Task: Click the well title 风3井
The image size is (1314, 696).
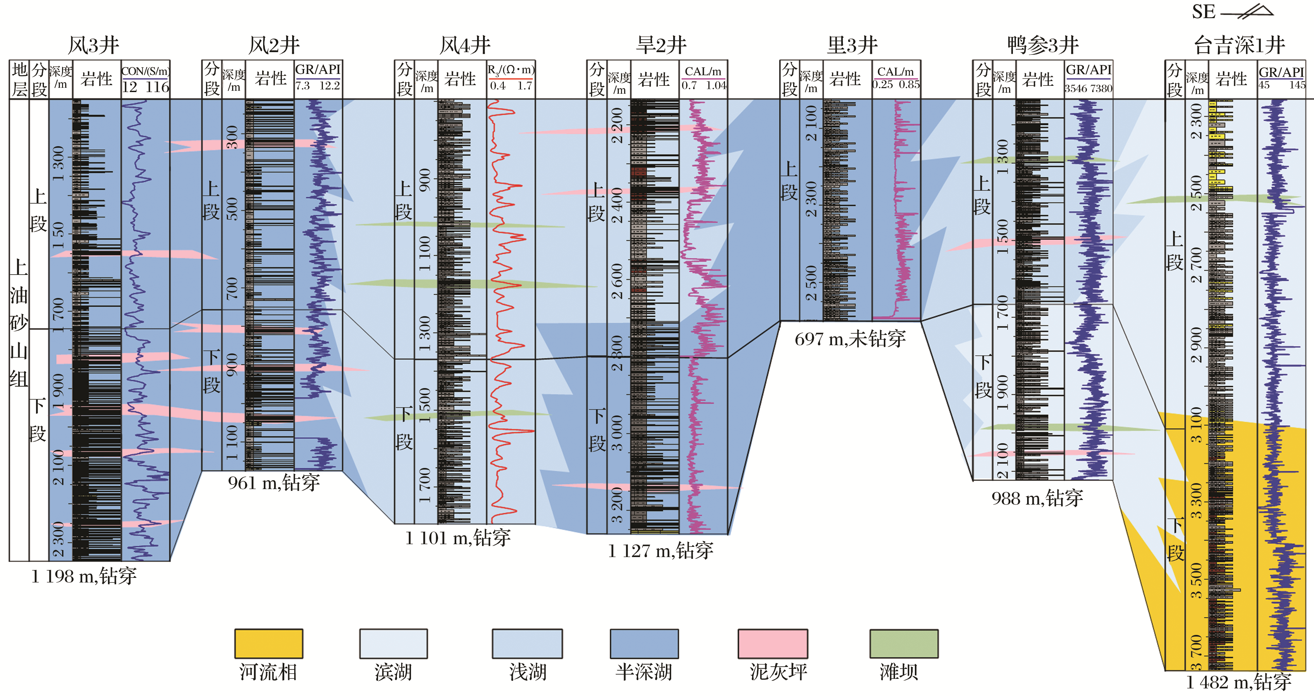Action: pyautogui.click(x=93, y=46)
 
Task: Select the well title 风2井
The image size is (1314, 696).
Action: pyautogui.click(x=274, y=46)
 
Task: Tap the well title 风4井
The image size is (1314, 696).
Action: pyautogui.click(x=465, y=46)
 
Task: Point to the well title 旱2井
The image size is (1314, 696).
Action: pyautogui.click(x=661, y=46)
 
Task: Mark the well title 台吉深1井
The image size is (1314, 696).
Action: pyautogui.click(x=1239, y=46)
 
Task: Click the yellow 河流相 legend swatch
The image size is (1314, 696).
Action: pyautogui.click(x=269, y=644)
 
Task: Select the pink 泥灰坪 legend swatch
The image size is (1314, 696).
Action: pyautogui.click(x=773, y=644)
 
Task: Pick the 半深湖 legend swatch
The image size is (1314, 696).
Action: pyautogui.click(x=644, y=644)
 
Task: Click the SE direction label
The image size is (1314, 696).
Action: pyautogui.click(x=1203, y=12)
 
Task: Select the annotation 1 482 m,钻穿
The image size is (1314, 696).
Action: pyautogui.click(x=1238, y=682)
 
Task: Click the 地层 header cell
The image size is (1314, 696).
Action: pyautogui.click(x=19, y=79)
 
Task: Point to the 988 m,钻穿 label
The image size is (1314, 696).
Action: pyautogui.click(x=1037, y=498)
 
